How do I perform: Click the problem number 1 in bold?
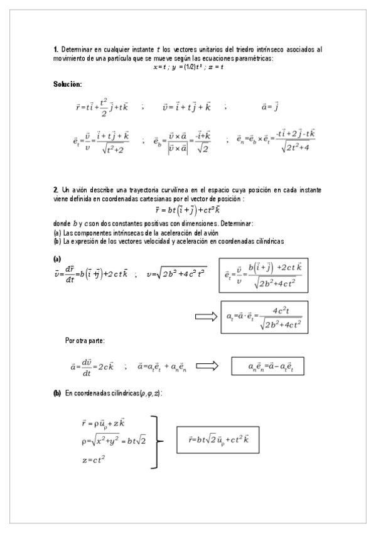click(55, 49)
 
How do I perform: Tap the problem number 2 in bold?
click(55, 189)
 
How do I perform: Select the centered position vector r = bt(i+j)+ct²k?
click(188, 211)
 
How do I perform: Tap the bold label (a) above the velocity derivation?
click(57, 258)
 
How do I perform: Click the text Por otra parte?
click(85, 341)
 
